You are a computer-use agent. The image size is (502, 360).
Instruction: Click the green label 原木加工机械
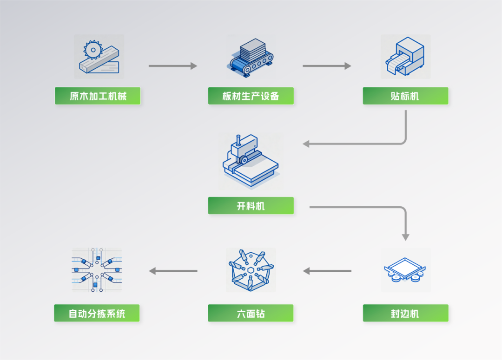[98, 96]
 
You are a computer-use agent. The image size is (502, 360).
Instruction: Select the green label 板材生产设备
[251, 96]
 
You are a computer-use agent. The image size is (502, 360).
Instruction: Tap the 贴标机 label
[405, 96]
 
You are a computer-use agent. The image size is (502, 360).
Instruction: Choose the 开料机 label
[251, 206]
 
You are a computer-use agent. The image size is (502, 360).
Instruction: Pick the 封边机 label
[405, 314]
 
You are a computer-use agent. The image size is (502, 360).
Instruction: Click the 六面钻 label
[251, 314]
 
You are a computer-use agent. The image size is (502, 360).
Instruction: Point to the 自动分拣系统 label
[97, 314]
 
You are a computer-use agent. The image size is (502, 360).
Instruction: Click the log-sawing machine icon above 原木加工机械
[99, 57]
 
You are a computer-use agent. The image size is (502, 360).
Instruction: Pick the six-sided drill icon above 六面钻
[251, 270]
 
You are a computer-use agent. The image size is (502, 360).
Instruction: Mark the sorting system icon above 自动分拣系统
[97, 270]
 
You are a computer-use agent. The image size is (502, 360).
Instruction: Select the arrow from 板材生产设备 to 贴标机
[327, 66]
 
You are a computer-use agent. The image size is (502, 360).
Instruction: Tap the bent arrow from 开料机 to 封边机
[372, 207]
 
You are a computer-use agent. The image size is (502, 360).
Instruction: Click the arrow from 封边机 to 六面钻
[327, 271]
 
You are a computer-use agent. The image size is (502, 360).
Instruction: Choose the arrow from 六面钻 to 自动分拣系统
[173, 271]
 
